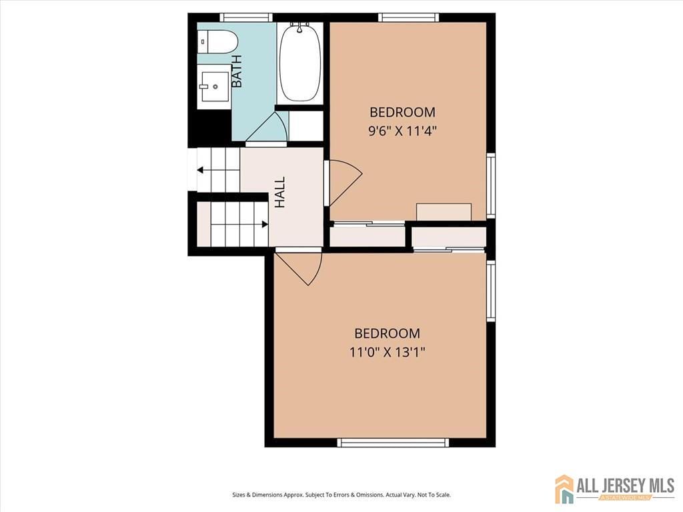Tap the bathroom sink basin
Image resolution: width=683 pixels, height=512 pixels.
(x=214, y=85)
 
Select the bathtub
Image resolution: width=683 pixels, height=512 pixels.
(x=299, y=63)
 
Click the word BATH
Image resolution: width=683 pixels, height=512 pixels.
(x=237, y=71)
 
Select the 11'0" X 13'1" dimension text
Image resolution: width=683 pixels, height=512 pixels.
(x=387, y=351)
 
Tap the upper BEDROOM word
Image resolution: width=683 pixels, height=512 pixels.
(x=402, y=112)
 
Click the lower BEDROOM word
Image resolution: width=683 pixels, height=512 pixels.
(x=387, y=333)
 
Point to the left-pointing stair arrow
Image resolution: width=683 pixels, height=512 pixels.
(x=201, y=170)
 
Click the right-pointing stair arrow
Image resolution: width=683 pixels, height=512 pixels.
(x=264, y=224)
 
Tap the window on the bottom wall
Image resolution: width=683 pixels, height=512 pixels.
(x=393, y=442)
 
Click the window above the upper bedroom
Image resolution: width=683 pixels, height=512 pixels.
(x=408, y=17)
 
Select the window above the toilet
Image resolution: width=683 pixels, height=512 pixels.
(x=246, y=17)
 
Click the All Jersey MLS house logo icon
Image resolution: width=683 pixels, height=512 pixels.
(x=564, y=489)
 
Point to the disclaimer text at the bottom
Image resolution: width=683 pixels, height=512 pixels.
(x=341, y=495)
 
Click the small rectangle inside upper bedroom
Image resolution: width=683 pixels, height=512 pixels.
(x=444, y=211)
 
